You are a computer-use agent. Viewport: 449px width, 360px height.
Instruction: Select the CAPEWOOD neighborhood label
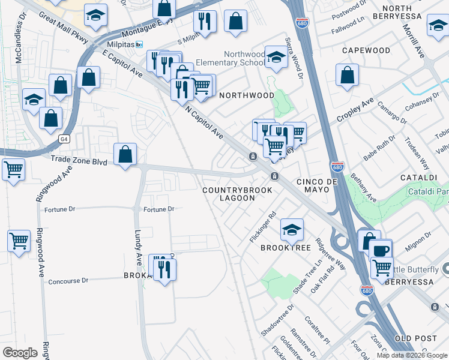point(366,50)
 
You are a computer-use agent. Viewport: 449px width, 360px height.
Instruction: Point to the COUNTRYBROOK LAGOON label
point(237,194)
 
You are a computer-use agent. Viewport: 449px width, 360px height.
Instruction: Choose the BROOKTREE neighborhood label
point(284,247)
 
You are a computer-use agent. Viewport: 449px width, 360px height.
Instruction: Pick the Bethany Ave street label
point(364,188)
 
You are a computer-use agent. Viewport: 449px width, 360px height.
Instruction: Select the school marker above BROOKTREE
point(292,229)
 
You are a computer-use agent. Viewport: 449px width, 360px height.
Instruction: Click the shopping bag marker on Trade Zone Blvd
point(125,155)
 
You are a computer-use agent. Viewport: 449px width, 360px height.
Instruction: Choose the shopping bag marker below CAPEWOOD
point(347,76)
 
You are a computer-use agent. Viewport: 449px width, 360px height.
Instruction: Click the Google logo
point(20,352)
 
